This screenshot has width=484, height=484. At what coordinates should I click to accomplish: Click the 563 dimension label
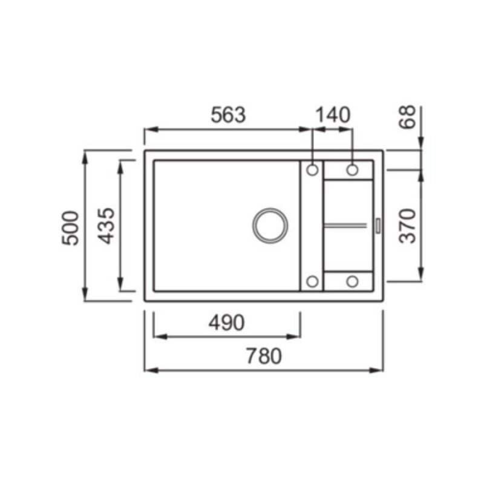[x=228, y=115]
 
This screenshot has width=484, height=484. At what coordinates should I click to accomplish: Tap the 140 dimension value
[x=333, y=115]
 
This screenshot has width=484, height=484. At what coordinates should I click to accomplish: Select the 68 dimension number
[x=407, y=117]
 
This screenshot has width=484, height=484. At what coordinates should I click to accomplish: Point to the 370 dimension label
[x=407, y=226]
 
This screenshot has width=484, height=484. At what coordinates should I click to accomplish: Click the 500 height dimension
[x=70, y=228]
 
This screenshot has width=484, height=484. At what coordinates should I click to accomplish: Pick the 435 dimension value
[x=106, y=226]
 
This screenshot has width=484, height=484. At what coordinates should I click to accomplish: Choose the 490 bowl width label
[x=226, y=323]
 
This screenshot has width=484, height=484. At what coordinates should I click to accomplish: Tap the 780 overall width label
[x=264, y=356]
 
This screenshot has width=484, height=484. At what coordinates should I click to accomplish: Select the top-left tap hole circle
[x=312, y=170]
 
